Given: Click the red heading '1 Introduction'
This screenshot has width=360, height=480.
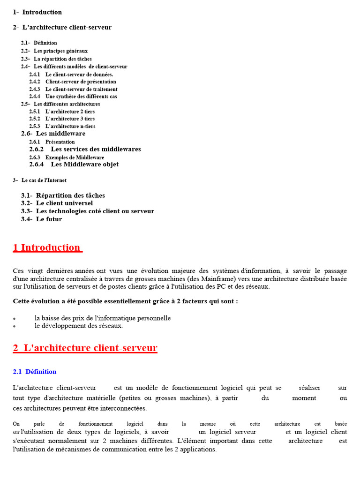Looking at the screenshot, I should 47,248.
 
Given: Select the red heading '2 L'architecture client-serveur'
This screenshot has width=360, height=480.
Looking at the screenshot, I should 85,348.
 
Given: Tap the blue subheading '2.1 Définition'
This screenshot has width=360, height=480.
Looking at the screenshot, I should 35,372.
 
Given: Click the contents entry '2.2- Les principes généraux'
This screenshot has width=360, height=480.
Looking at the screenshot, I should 54,51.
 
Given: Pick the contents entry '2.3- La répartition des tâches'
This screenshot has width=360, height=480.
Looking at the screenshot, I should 56,59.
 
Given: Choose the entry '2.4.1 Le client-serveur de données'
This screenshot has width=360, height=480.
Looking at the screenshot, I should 71,74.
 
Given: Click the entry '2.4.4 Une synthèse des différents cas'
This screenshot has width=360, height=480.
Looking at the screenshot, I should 73,97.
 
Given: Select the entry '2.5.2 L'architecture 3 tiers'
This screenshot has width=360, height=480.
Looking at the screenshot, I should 62,119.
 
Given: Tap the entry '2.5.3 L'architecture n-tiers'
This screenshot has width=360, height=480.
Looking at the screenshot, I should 62,127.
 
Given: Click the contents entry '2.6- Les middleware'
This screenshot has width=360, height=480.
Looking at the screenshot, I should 53,134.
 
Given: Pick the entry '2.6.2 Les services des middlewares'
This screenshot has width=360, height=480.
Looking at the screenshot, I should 85,149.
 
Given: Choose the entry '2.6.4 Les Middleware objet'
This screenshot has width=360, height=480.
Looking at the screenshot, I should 74,165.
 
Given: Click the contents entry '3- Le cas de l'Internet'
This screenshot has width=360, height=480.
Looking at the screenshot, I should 40,180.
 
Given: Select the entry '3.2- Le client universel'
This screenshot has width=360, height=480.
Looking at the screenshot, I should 57,203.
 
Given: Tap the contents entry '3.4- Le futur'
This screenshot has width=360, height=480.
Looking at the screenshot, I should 41,219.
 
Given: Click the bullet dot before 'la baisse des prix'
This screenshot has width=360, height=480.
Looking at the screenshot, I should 15,319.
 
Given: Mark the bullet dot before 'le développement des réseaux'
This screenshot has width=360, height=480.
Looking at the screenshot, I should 15,326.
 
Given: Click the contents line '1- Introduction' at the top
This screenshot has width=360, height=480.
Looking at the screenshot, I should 37,12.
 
